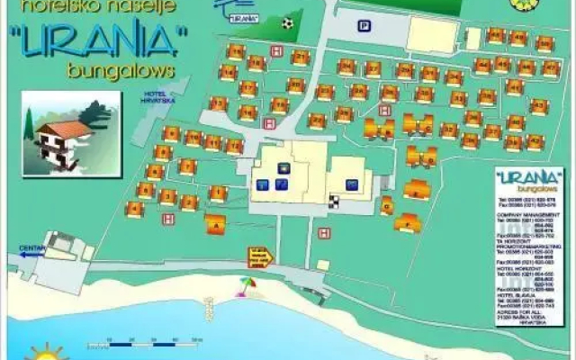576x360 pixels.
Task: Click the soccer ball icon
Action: click(x=287, y=22)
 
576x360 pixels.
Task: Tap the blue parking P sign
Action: click(x=363, y=26)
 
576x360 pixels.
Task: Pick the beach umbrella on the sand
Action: click(x=244, y=287)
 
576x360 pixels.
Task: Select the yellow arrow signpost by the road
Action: click(x=259, y=257)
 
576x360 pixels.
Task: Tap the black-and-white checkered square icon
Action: click(x=335, y=200)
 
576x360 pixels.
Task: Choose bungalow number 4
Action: click(x=135, y=210)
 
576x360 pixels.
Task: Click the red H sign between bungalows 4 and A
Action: click(x=167, y=218)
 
